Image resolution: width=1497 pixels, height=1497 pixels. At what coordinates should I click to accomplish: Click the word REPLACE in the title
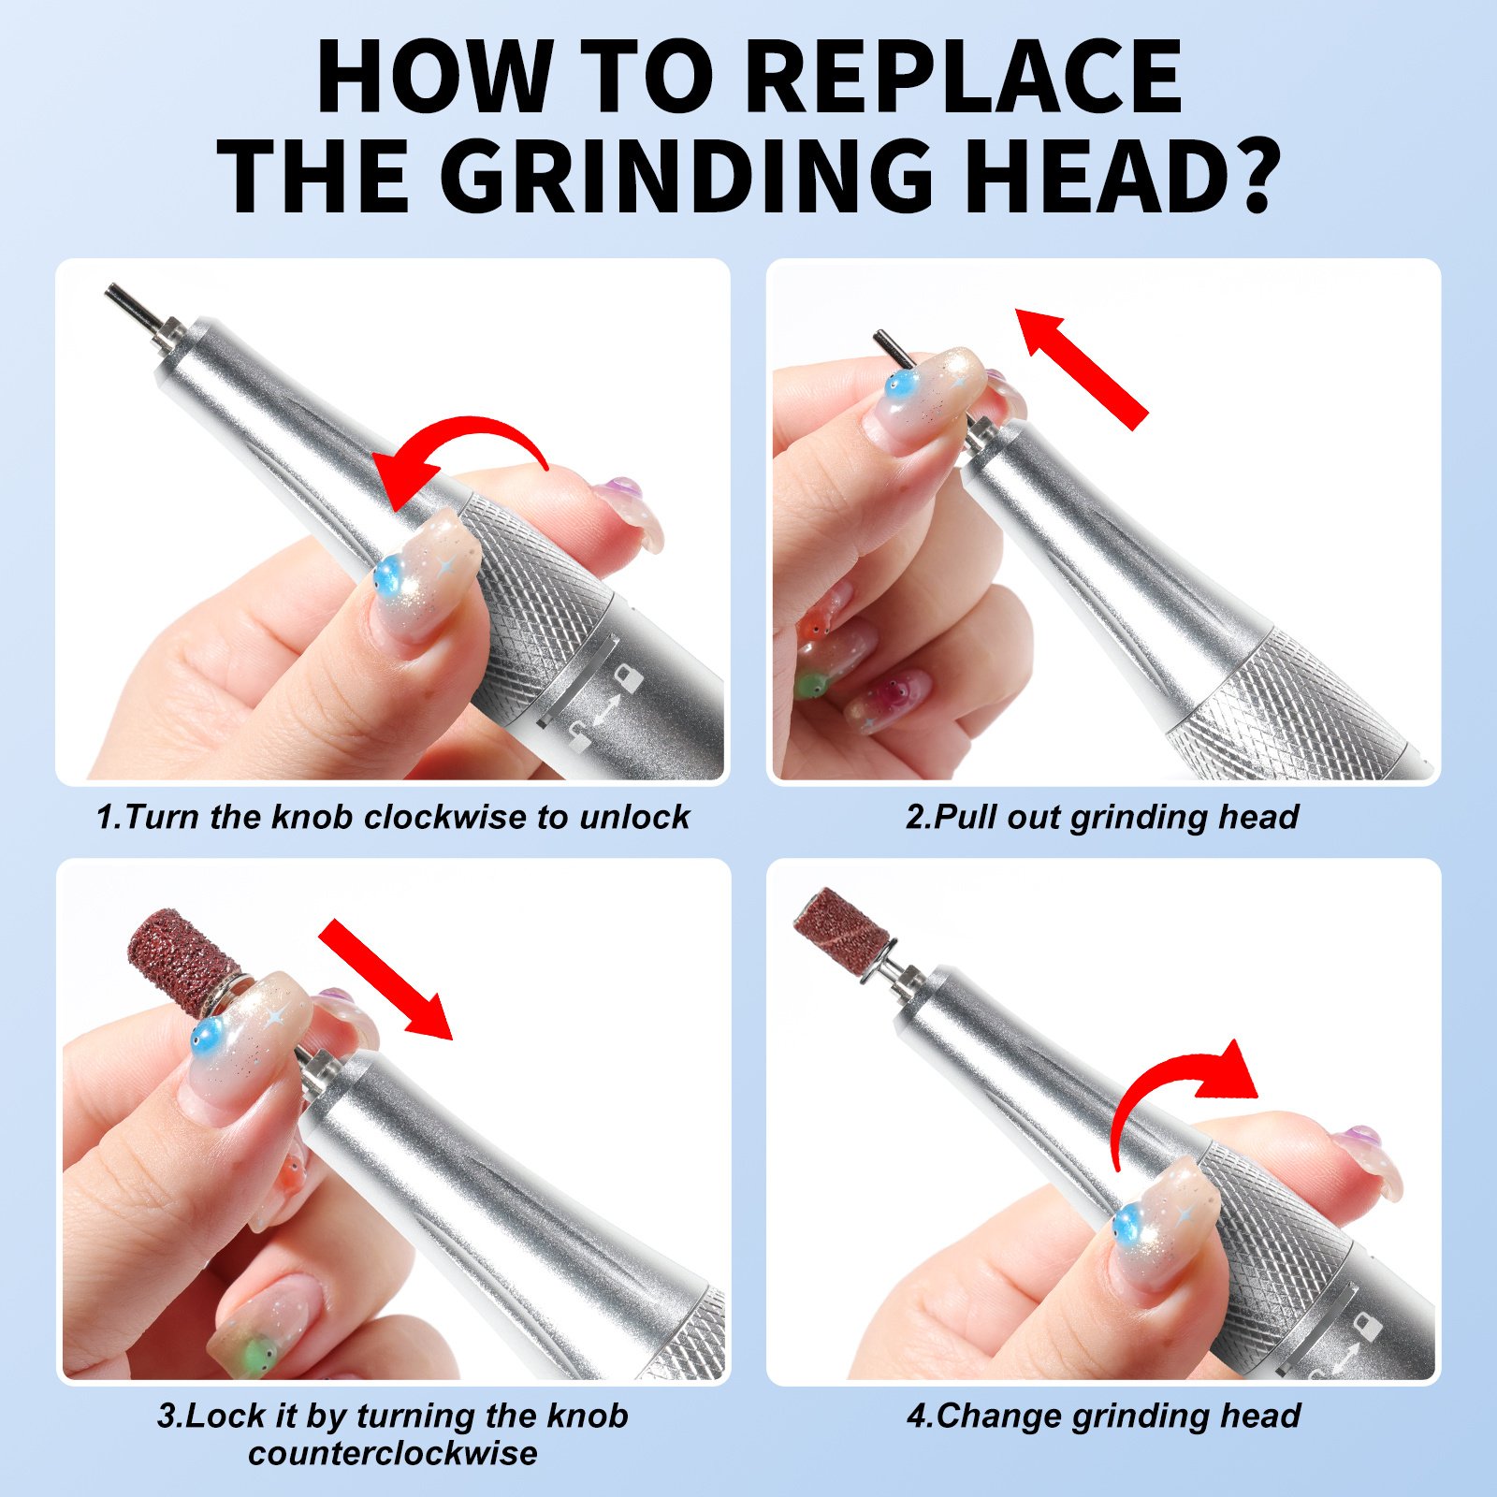[964, 77]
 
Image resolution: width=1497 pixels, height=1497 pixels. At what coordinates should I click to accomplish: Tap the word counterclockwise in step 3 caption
[393, 1453]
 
